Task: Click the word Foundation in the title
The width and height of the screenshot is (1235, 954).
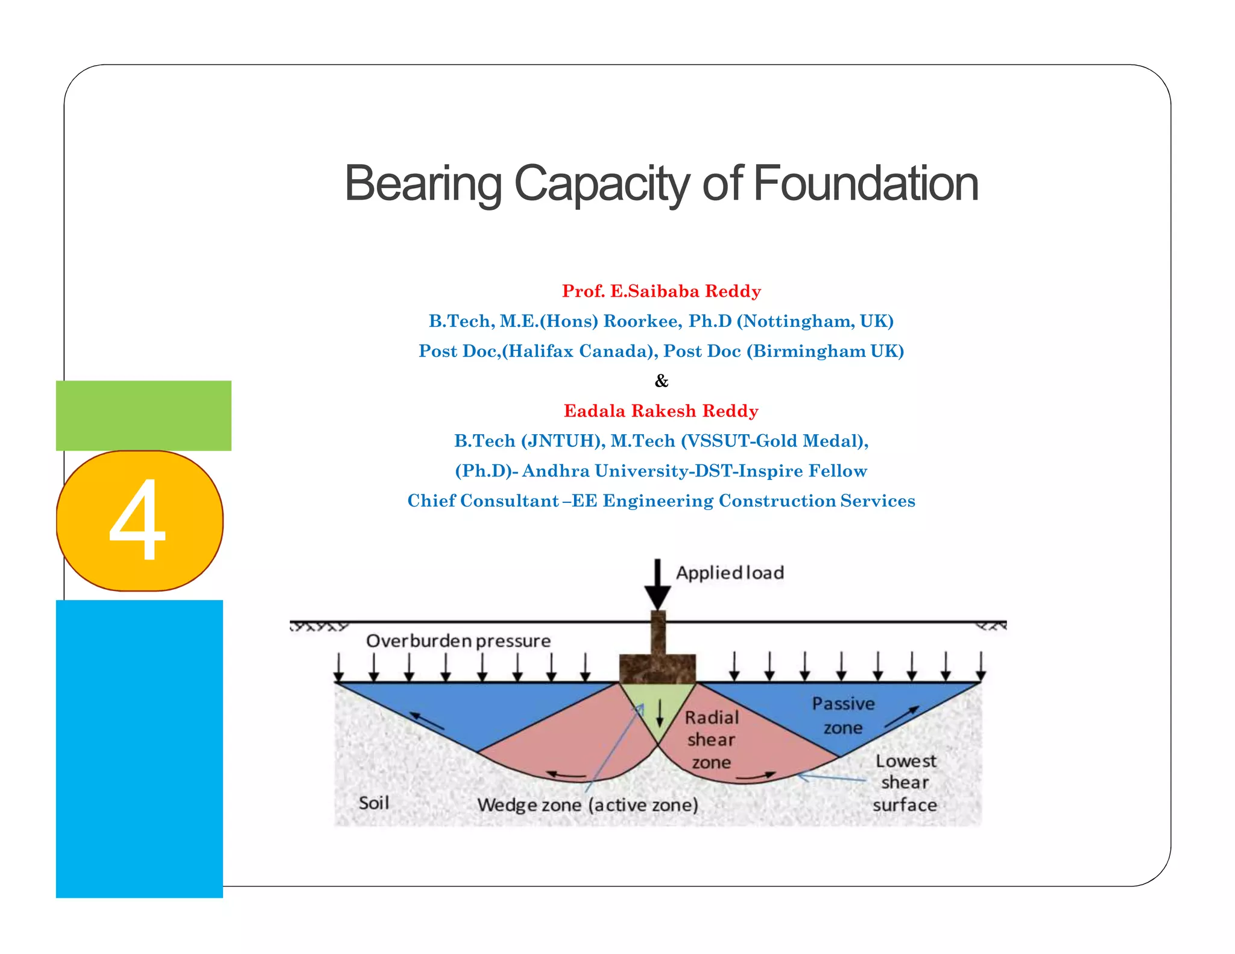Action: [x=865, y=183]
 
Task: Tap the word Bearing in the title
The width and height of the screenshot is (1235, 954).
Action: [x=423, y=185]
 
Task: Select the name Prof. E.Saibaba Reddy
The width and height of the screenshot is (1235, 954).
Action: [x=661, y=291]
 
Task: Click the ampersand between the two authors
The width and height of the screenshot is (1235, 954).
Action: [x=662, y=381]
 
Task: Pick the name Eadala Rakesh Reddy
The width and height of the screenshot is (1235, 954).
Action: [x=661, y=411]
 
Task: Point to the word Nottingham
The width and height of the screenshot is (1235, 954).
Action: [x=795, y=321]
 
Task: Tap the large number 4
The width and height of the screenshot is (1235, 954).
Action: [x=137, y=520]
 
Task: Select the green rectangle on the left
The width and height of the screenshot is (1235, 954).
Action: [x=144, y=415]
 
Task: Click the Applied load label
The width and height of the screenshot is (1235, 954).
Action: [x=730, y=572]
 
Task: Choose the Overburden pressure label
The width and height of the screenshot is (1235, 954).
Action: [x=458, y=640]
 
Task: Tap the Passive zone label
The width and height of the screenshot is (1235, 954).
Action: [x=843, y=715]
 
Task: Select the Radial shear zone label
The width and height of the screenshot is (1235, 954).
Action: [x=712, y=740]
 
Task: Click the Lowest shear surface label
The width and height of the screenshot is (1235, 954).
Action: [x=905, y=783]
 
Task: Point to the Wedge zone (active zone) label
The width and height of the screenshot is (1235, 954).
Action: [x=587, y=805]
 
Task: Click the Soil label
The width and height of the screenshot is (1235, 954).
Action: [x=374, y=803]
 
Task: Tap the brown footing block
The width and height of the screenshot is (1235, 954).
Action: [x=658, y=668]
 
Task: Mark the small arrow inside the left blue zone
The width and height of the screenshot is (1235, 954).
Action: [x=427, y=722]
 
